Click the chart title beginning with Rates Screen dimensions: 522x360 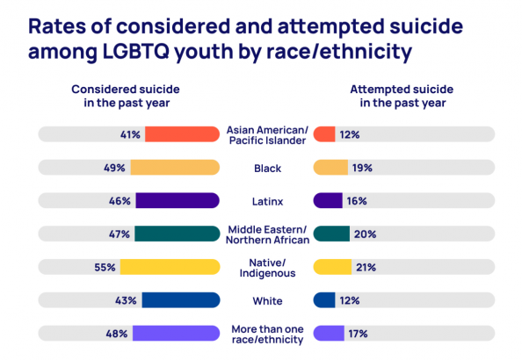pyautogui.click(x=245, y=39)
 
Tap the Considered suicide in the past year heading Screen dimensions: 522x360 pyautogui.click(x=126, y=96)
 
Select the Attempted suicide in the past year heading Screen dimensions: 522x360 pyautogui.click(x=402, y=96)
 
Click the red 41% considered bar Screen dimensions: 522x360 pyautogui.click(x=183, y=134)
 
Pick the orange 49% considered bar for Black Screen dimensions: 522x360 pyautogui.click(x=175, y=168)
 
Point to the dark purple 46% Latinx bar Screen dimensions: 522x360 pyautogui.click(x=178, y=200)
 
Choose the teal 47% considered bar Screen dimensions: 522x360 pyautogui.click(x=178, y=234)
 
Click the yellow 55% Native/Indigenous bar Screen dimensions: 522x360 pyautogui.click(x=170, y=267)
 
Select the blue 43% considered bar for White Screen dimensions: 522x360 pyautogui.click(x=181, y=300)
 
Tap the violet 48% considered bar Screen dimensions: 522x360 pyautogui.click(x=177, y=333)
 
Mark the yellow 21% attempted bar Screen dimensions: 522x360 pyautogui.click(x=332, y=267)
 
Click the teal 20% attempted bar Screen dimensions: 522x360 pyautogui.click(x=331, y=234)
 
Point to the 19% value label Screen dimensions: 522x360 pyautogui.click(x=362, y=168)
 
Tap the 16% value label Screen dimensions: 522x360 pyautogui.click(x=357, y=201)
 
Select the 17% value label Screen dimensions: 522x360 pyautogui.click(x=358, y=334)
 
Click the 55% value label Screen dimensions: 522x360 pyautogui.click(x=105, y=268)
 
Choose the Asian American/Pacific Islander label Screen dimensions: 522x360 pyautogui.click(x=268, y=135)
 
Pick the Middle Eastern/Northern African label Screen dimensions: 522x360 pyautogui.click(x=268, y=234)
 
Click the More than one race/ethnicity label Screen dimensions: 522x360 pyautogui.click(x=268, y=335)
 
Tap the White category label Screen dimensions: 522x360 pyautogui.click(x=268, y=301)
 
